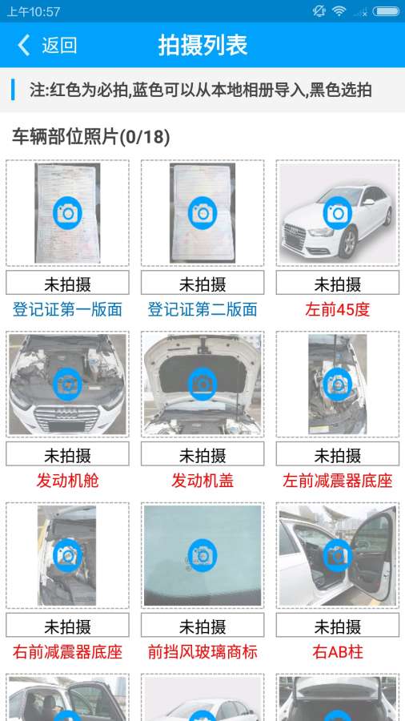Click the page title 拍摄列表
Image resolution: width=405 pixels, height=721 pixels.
[x=203, y=45]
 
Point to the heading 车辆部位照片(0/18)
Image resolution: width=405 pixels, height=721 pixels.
[x=91, y=137]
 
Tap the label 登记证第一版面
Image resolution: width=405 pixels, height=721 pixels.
[x=67, y=309]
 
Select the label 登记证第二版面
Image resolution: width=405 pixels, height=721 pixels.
[x=202, y=309]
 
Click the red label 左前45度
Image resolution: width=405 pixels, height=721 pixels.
[x=338, y=309]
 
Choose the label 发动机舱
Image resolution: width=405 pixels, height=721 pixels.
[x=67, y=481]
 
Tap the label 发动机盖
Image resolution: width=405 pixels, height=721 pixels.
[x=202, y=481]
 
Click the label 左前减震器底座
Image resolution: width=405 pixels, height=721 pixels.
[x=338, y=481]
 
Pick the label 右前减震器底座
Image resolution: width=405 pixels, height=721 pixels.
[x=67, y=652]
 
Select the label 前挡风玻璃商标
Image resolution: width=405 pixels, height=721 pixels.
[x=202, y=652]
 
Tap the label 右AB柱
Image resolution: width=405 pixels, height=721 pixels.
[x=338, y=652]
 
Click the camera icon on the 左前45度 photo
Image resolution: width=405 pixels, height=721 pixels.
[x=338, y=213]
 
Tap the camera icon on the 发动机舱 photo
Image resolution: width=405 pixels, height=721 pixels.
[x=67, y=384]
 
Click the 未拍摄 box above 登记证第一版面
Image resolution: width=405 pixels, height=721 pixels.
[x=67, y=282]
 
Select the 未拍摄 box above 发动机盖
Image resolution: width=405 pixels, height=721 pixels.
[x=202, y=454]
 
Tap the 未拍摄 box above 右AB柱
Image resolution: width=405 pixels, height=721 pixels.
[x=338, y=625]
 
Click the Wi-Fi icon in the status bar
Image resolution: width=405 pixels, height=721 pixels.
[x=339, y=11]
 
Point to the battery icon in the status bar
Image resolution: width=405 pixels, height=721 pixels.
[x=386, y=11]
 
